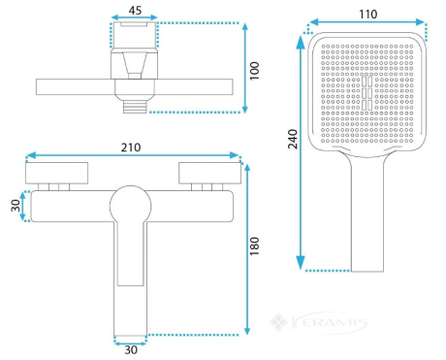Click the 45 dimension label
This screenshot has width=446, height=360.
pyautogui.click(x=135, y=10)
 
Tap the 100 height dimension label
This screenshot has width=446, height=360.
pyautogui.click(x=255, y=71)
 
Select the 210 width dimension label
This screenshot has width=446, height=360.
pyautogui.click(x=131, y=147)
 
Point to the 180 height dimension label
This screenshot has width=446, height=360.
pyautogui.click(x=255, y=246)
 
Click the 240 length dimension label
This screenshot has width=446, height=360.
pyautogui.click(x=293, y=139)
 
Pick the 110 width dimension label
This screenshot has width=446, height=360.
pyautogui.click(x=368, y=15)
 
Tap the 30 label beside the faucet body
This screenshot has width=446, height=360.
pyautogui.click(x=16, y=206)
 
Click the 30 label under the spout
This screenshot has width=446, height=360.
pyautogui.click(x=131, y=350)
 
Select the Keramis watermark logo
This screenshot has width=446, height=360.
pyautogui.click(x=318, y=322)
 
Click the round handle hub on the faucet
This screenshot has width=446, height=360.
pyautogui.click(x=131, y=207)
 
